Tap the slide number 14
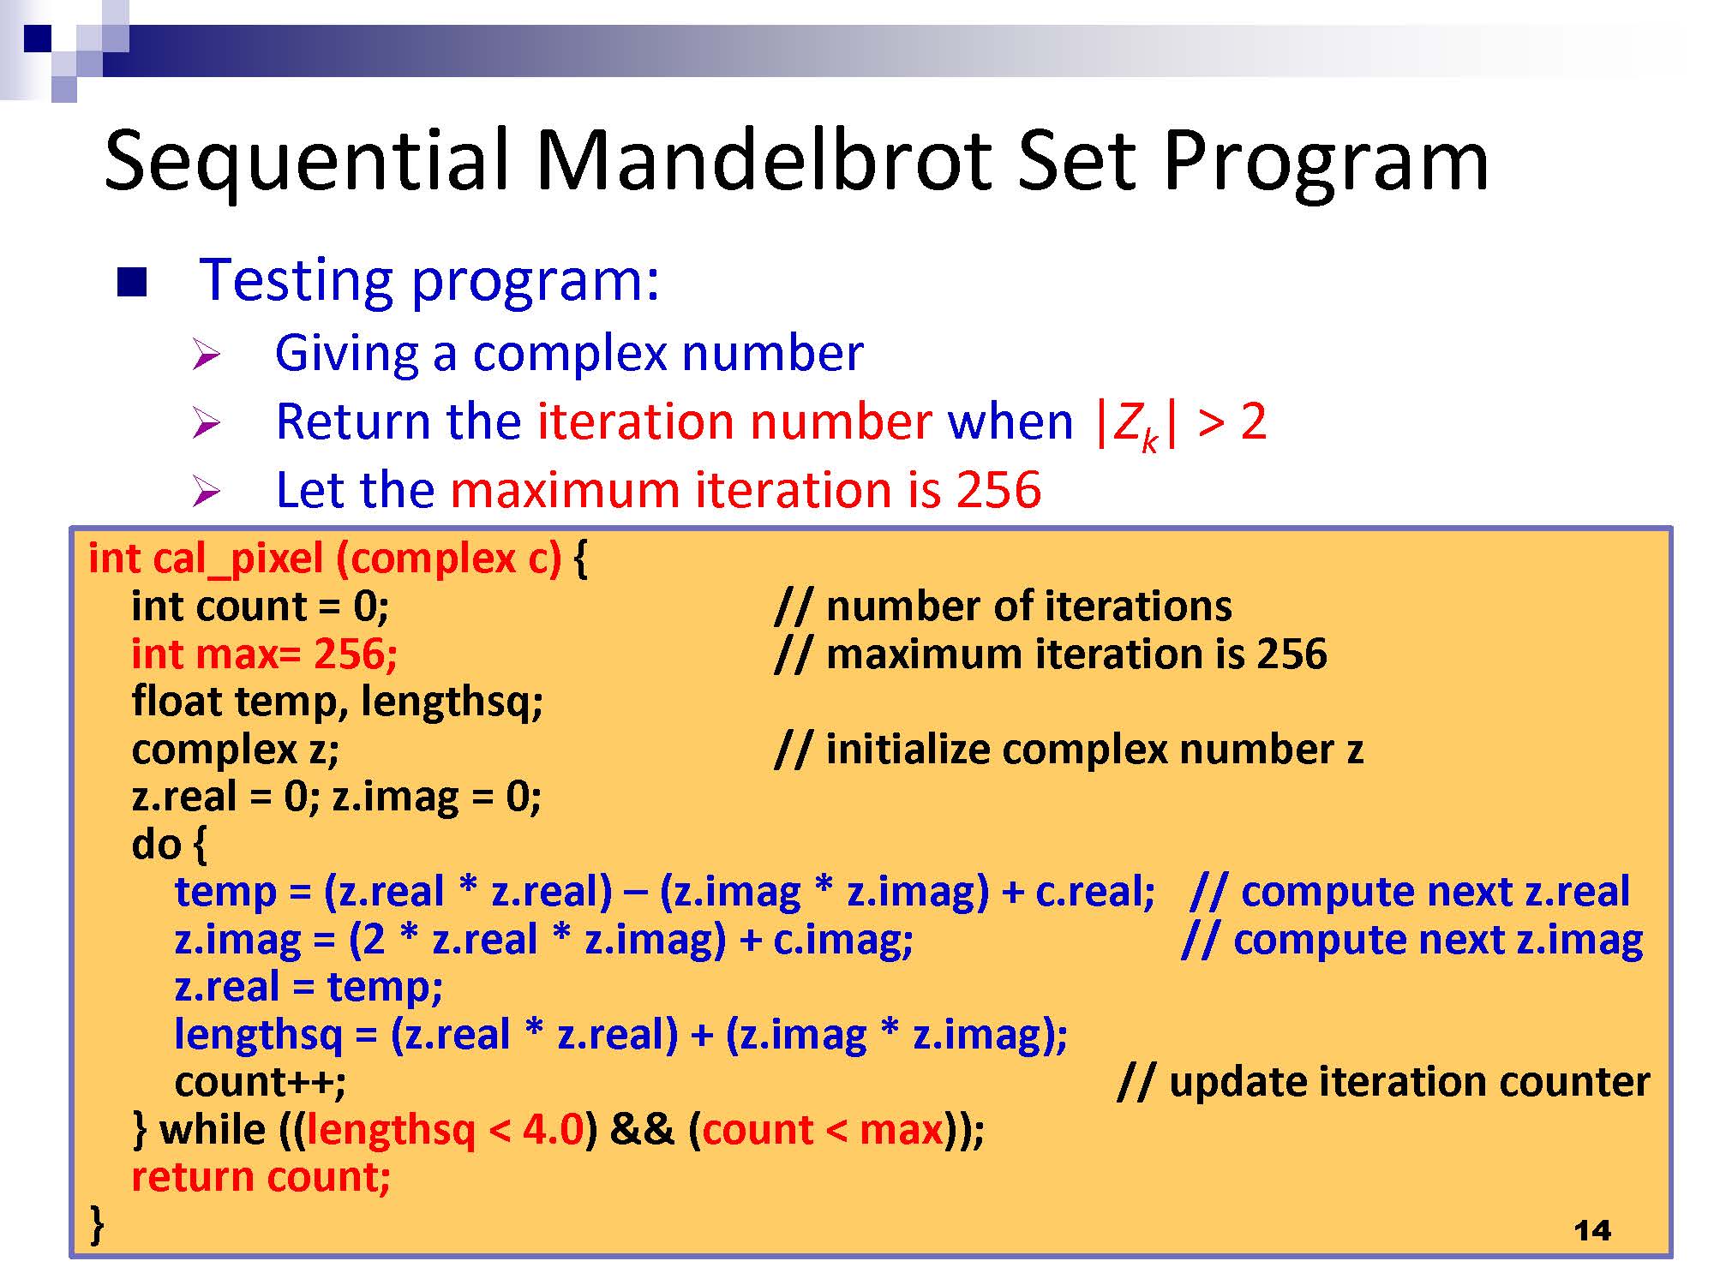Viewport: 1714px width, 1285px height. coord(1592,1231)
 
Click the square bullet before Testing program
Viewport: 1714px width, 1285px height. coord(132,282)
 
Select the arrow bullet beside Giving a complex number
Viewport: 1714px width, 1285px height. coord(207,354)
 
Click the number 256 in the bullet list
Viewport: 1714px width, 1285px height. coord(998,490)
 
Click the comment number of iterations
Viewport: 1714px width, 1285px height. coord(1003,607)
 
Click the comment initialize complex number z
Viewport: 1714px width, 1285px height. coord(1069,750)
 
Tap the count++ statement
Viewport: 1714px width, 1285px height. coord(261,1082)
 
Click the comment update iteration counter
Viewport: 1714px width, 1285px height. coord(1384,1082)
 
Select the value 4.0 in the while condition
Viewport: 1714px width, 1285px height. coord(554,1130)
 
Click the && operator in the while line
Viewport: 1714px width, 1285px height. coord(642,1130)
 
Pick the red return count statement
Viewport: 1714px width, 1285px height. coord(261,1177)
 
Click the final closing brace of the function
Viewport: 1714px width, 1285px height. coord(98,1225)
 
